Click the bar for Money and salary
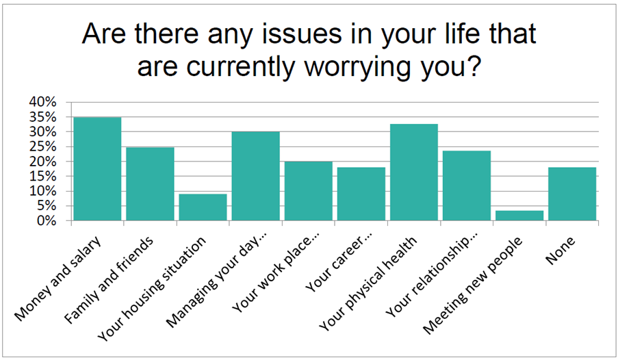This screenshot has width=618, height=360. click(97, 169)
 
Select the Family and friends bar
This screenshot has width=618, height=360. click(150, 183)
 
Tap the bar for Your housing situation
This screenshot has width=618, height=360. click(203, 207)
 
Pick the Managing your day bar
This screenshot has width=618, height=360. click(256, 176)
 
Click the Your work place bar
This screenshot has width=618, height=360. click(309, 191)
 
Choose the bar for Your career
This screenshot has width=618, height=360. click(361, 194)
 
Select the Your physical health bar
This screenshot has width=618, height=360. click(414, 172)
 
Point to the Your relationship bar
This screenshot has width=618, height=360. click(467, 185)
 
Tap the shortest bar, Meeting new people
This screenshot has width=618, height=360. click(519, 216)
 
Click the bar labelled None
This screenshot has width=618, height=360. click(572, 194)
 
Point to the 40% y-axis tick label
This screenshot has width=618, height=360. click(42, 102)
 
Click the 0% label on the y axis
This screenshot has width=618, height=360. click(47, 221)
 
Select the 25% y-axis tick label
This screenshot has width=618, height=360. click(42, 146)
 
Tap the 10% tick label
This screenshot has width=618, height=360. click(42, 191)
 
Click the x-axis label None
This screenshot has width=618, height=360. click(561, 250)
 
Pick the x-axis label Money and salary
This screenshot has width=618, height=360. click(57, 279)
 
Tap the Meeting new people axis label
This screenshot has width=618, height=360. click(472, 286)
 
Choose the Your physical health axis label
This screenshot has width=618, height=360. click(368, 284)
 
